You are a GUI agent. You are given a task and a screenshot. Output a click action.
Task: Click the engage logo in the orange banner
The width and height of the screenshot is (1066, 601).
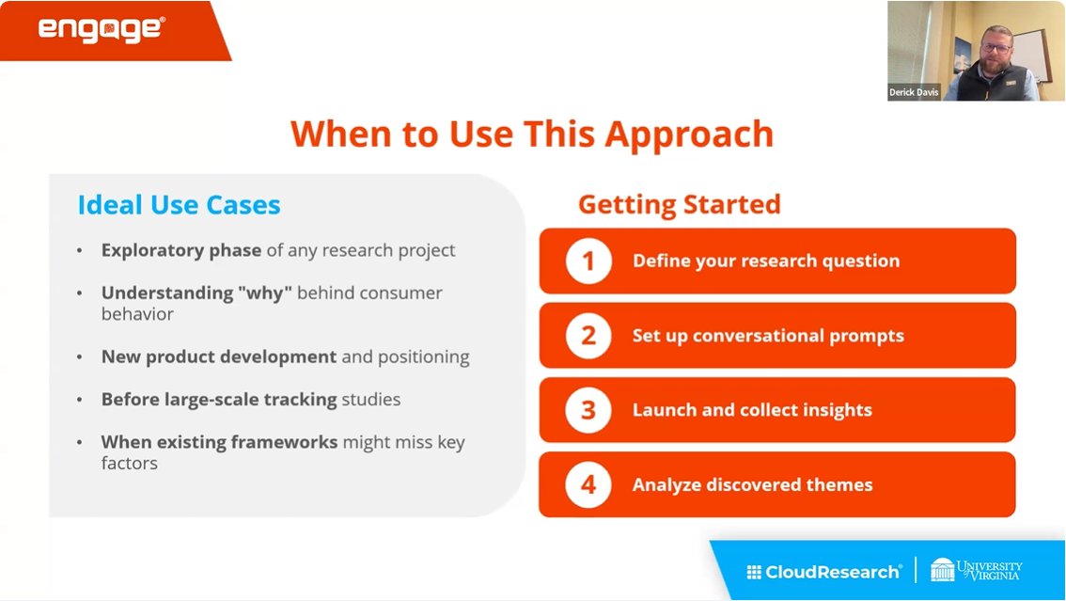(x=102, y=29)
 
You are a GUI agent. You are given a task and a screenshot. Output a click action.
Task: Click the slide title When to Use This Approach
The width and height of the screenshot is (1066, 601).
(x=531, y=134)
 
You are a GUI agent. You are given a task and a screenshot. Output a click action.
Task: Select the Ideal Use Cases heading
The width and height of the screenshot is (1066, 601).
(x=179, y=204)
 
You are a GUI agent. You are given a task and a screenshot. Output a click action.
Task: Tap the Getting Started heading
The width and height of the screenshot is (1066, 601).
(x=679, y=204)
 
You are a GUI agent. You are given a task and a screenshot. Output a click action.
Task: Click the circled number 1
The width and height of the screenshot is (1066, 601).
(x=588, y=261)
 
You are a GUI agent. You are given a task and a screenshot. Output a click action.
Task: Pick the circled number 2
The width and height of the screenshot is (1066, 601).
(x=588, y=336)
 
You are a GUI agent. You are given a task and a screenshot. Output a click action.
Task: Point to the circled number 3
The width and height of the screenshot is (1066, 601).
(x=588, y=410)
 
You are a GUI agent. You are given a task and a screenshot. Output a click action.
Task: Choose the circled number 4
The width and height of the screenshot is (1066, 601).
(x=588, y=484)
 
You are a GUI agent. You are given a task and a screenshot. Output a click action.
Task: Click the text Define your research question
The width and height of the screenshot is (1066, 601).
(x=765, y=261)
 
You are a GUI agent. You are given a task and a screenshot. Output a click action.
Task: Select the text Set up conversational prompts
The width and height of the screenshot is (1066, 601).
(x=767, y=336)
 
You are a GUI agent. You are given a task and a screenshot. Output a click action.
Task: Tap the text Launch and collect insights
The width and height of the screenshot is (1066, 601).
(x=752, y=410)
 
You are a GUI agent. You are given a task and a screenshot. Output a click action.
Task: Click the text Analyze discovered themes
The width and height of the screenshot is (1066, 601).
(x=752, y=484)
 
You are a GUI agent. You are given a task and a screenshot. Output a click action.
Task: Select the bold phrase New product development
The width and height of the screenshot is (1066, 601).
(x=218, y=356)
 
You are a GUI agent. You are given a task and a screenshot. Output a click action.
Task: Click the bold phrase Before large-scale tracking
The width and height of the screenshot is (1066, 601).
(x=218, y=400)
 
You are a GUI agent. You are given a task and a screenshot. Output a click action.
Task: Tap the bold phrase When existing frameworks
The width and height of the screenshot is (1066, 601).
(x=218, y=442)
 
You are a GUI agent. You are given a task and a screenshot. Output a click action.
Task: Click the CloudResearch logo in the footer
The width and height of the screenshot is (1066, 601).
(x=823, y=571)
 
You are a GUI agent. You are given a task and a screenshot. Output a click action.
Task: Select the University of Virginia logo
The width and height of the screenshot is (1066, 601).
(x=976, y=570)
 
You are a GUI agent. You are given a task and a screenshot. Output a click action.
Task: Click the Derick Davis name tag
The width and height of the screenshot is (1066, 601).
(x=915, y=92)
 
